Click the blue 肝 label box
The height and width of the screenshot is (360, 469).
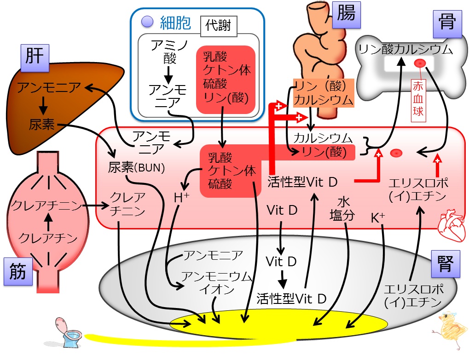(35, 58)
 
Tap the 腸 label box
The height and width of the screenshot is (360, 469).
(346, 15)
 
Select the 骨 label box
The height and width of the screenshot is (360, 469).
(447, 24)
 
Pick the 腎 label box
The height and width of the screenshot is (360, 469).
(446, 264)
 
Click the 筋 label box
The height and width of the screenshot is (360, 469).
(18, 272)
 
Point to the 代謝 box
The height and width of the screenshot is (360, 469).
(218, 26)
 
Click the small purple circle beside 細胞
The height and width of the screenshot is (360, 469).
(147, 22)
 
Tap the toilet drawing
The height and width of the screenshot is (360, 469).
(68, 332)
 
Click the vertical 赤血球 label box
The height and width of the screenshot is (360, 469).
(418, 100)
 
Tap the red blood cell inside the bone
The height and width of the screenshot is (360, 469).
(420, 63)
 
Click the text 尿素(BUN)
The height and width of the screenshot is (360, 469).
(136, 168)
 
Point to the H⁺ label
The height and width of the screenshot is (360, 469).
(181, 198)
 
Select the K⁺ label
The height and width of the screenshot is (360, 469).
(378, 218)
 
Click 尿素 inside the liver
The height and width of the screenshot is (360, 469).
(41, 124)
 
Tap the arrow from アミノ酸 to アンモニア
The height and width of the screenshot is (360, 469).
(169, 75)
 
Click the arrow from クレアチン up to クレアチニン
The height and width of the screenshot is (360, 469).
(48, 222)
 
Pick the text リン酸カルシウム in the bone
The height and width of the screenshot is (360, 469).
(405, 49)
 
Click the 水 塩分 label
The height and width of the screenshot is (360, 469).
(343, 209)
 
